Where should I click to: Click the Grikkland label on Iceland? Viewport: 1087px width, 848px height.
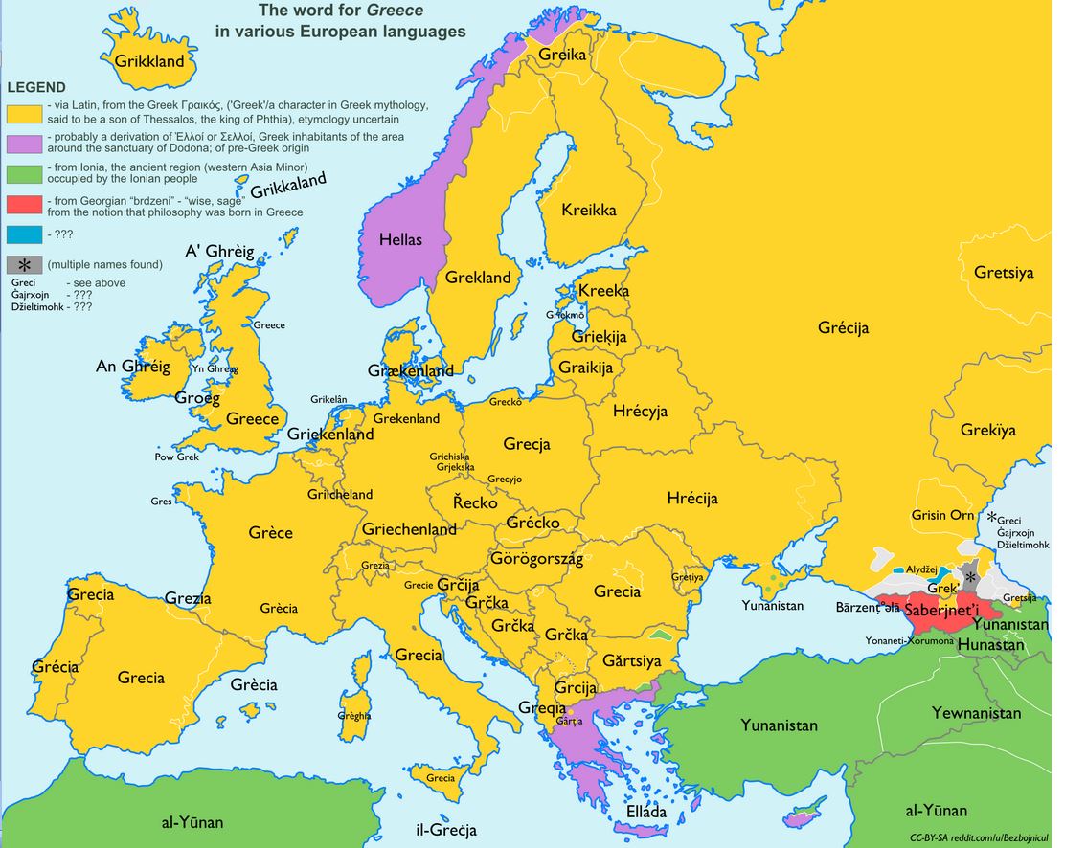[149, 61]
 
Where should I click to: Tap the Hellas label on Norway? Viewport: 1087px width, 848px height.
[400, 239]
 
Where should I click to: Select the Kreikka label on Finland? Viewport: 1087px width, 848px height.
[589, 210]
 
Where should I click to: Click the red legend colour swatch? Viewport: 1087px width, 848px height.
[24, 204]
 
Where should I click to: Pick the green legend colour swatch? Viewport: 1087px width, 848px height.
[24, 173]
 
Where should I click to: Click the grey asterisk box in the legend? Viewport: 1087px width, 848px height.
[24, 264]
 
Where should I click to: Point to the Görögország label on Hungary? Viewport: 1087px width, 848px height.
[536, 559]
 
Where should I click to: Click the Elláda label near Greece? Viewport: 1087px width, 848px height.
[645, 812]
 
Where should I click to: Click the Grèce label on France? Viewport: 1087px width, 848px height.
[271, 532]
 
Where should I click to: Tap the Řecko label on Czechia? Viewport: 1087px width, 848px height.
[475, 502]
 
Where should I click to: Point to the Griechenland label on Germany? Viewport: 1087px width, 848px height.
[409, 529]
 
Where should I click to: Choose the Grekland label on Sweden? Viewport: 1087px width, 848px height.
[478, 278]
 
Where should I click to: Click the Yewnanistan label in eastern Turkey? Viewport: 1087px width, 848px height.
[976, 713]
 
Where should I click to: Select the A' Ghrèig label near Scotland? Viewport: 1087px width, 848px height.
[219, 252]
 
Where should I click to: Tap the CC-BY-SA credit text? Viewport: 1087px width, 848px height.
[929, 837]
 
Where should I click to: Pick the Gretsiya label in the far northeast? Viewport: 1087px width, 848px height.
[1004, 273]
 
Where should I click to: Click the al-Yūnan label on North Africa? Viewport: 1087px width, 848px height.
[192, 821]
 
